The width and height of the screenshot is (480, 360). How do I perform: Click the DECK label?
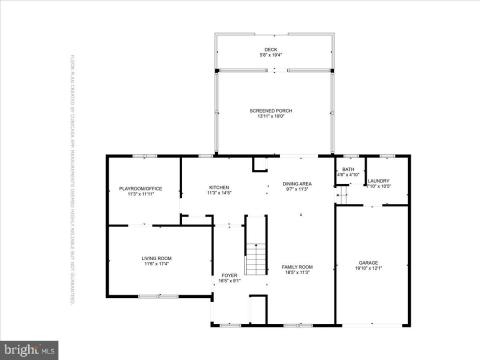(x=270, y=48)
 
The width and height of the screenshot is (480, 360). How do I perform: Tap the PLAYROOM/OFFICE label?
(x=141, y=188)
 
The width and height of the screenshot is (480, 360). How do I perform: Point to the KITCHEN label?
(x=219, y=187)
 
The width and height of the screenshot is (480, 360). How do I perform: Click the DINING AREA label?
(x=296, y=183)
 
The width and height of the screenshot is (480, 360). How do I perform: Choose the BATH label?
(x=348, y=170)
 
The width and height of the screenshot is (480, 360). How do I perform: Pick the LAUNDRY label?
(x=378, y=181)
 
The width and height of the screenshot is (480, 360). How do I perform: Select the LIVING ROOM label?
(x=156, y=258)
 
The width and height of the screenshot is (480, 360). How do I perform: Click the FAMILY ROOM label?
(x=297, y=267)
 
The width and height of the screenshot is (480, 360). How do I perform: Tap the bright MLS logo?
(x=29, y=350)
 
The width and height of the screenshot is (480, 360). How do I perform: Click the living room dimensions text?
(x=156, y=264)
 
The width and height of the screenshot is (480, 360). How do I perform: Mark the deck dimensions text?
(x=270, y=54)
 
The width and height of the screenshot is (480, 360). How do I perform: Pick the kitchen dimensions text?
(x=219, y=193)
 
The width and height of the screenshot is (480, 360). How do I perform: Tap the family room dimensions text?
(x=297, y=273)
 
